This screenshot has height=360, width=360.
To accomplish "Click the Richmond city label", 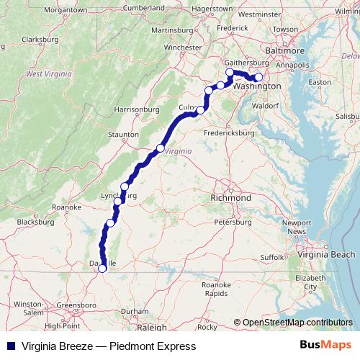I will [x=230, y=197].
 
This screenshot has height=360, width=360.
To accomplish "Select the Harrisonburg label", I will [x=135, y=109].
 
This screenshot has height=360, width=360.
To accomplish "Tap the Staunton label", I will [x=123, y=134].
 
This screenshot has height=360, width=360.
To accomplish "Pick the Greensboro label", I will [x=76, y=305].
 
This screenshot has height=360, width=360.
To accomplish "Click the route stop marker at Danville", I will [x=102, y=269].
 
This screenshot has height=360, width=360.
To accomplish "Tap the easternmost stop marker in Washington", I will [x=259, y=78].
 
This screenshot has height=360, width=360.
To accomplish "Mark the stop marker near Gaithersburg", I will [x=230, y=72].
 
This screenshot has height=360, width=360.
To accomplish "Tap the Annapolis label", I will [x=294, y=66].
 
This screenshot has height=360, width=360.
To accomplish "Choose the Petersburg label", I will [x=233, y=222].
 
